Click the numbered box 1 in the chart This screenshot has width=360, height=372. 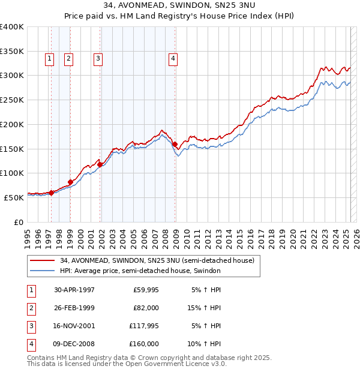click(49, 59)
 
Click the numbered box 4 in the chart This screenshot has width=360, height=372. click(172, 59)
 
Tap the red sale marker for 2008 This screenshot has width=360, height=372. click(175, 144)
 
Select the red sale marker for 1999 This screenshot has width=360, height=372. click(70, 182)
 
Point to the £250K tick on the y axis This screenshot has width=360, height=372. click(13, 100)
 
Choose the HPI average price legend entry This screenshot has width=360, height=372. click(140, 271)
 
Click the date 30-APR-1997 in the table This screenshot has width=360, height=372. click(74, 290)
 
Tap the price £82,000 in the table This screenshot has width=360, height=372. click(145, 308)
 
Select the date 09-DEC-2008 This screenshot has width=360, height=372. click(74, 344)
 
